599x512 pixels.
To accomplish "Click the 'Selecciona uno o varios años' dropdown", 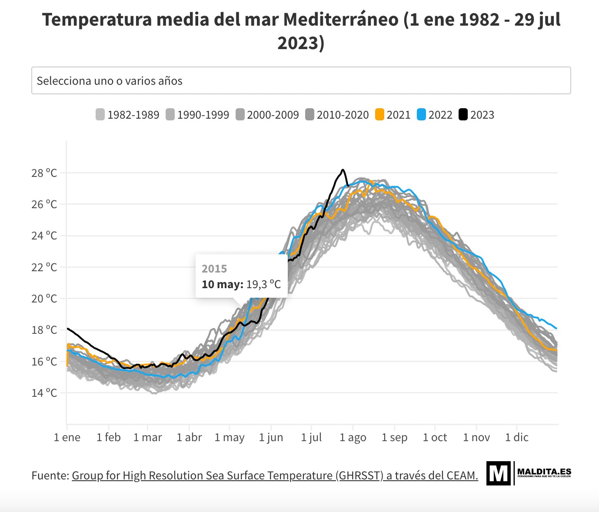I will coord(301,80).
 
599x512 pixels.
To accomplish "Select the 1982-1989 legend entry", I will coord(128,115).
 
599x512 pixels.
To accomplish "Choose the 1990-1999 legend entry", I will coord(198,115).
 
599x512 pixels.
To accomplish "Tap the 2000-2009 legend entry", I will coord(267,115).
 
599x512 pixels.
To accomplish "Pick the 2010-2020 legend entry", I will coord(337,115).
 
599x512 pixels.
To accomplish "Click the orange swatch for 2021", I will coord(380,115).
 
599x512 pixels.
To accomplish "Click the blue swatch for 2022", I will coord(422,115).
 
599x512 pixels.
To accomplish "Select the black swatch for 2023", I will coord(463,115).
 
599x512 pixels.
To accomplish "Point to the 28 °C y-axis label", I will coord(44,173).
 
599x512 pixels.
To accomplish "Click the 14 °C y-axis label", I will coord(44,393).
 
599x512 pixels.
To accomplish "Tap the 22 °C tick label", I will coord(44,267).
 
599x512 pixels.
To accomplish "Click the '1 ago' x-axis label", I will coord(353,437).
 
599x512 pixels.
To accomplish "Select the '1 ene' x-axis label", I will coord(67,437).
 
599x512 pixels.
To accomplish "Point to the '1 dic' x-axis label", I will coord(516,437).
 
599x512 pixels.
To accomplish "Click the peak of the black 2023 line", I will coord(343,170).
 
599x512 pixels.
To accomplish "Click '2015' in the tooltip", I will coord(214,269).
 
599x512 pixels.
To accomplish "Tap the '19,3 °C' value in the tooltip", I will coord(263,284).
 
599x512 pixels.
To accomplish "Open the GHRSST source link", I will coord(275,475).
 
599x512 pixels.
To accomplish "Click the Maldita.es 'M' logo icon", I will coord(498,473).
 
